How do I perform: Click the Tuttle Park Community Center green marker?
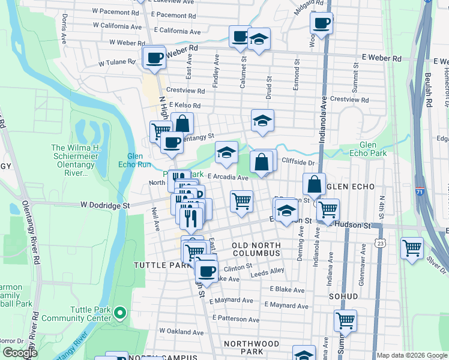coord(120,313)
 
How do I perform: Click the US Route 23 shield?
coord(379,242)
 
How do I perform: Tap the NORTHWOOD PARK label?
coord(252,347)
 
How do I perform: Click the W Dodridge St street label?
coord(106,205)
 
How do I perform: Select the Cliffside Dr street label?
coord(298,163)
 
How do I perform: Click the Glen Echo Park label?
coord(376,149)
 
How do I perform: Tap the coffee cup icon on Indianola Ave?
coord(321,24)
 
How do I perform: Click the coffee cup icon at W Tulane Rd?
coord(155,58)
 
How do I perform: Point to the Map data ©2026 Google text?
coord(412,355)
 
